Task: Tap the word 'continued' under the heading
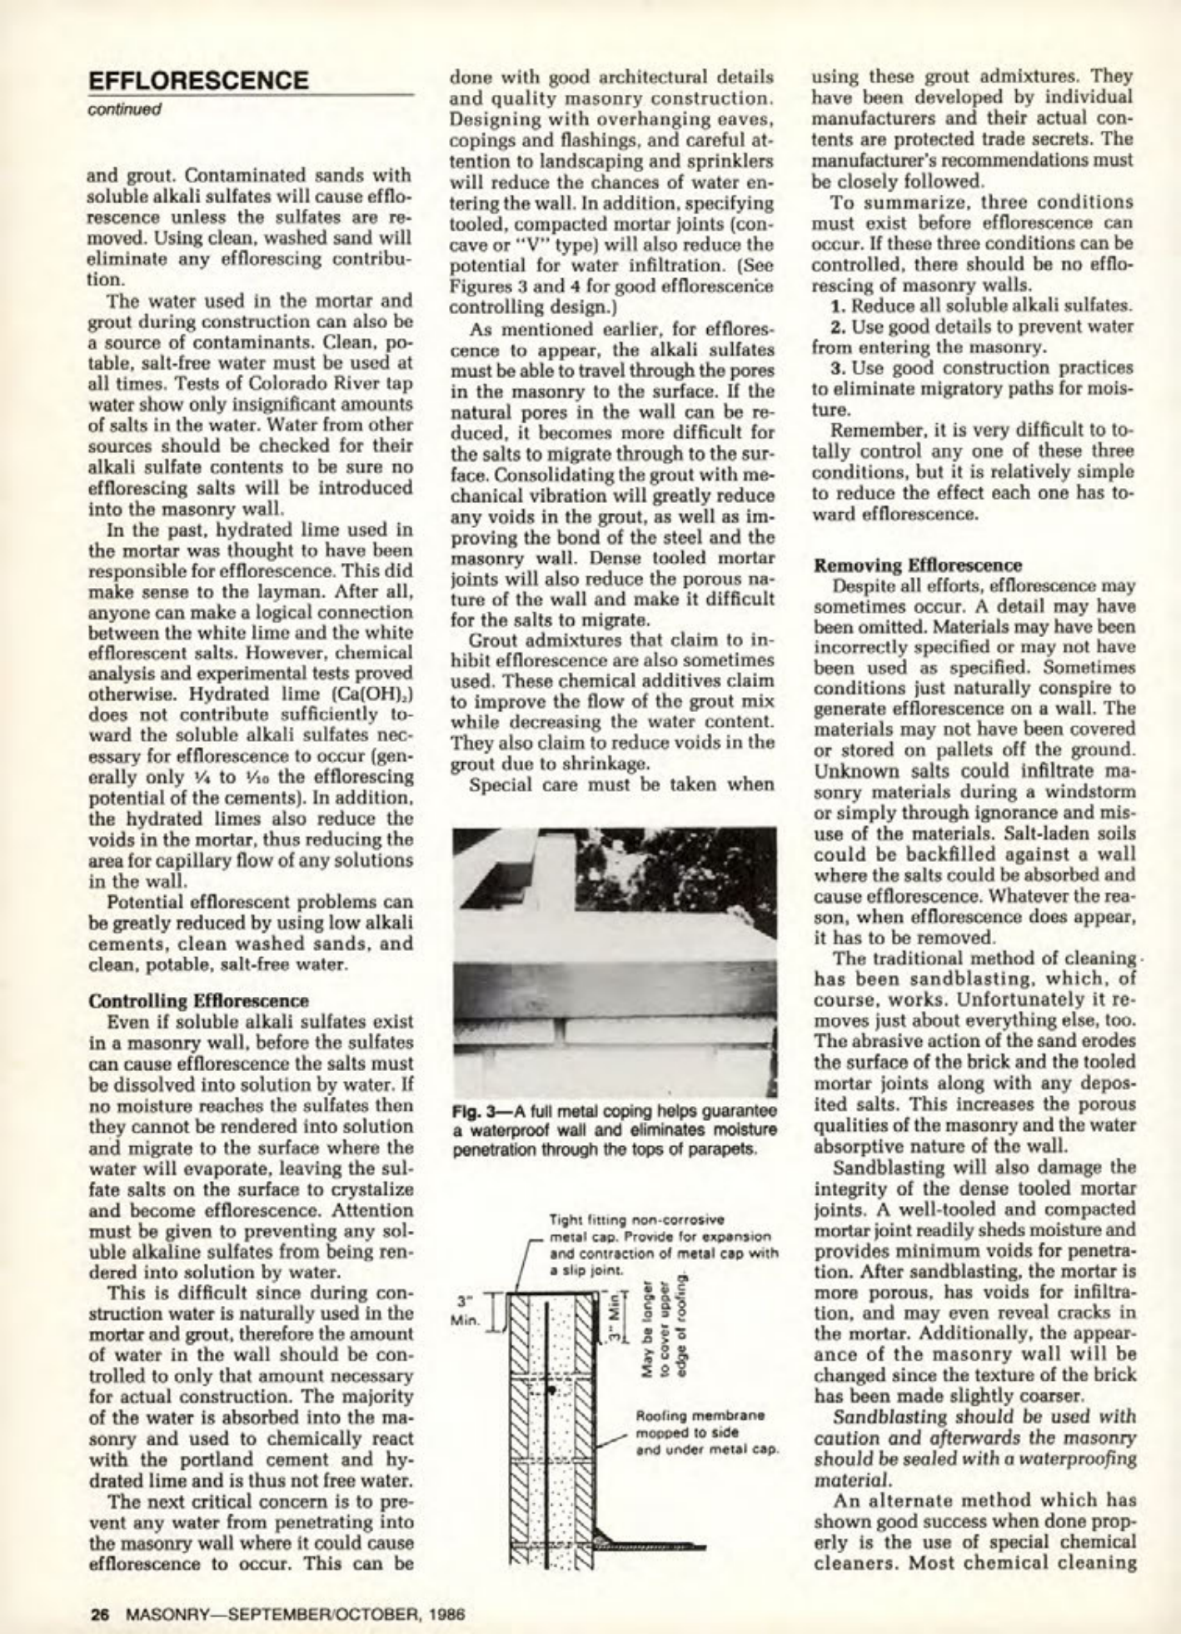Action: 126,109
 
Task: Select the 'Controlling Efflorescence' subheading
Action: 198,1000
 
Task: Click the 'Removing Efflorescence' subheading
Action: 917,565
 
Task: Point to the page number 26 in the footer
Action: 101,1612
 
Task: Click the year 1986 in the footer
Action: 446,1612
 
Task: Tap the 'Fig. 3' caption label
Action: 475,1113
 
